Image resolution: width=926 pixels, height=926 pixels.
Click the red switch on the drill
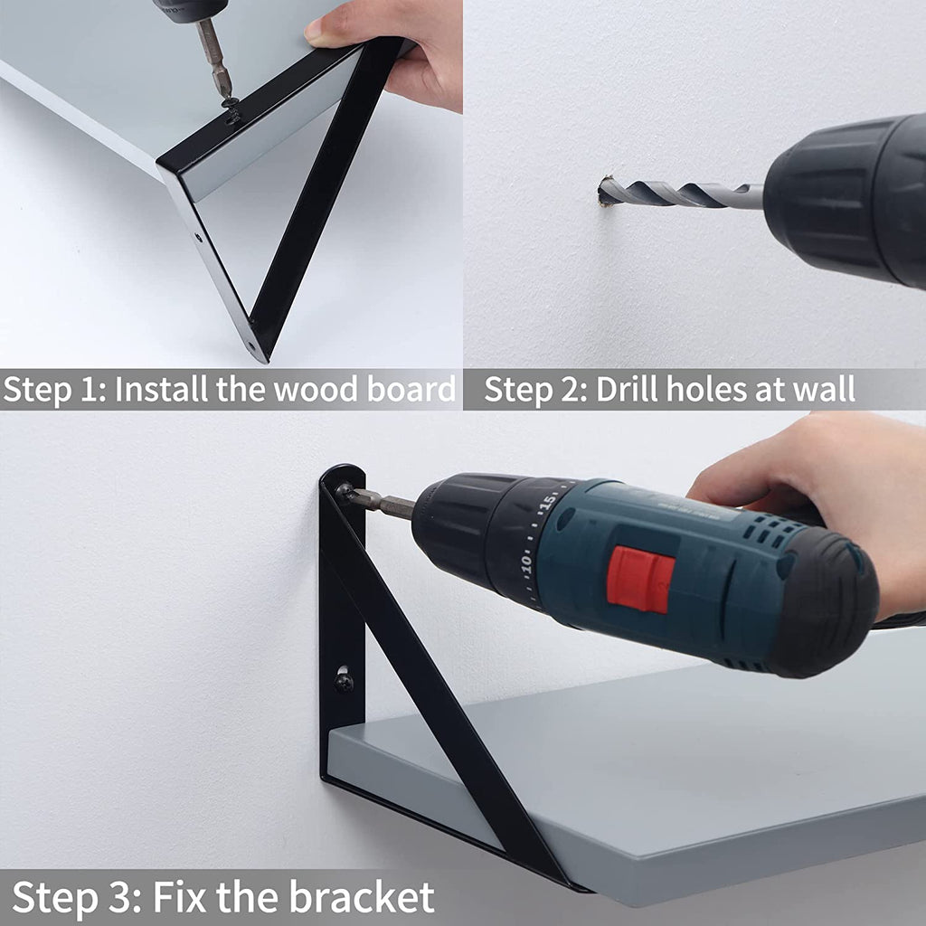coord(640,579)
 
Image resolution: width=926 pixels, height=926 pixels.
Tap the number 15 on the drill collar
coord(548,503)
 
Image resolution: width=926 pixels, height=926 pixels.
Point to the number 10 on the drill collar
coord(526,563)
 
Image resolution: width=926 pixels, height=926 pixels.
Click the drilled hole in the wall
coord(603,192)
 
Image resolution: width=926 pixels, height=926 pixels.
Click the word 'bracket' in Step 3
coord(362,897)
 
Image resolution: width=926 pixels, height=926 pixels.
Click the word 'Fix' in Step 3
coord(179,897)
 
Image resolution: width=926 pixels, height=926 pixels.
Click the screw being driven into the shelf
coord(231,104)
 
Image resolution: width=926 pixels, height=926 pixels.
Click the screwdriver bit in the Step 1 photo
coord(213,58)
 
